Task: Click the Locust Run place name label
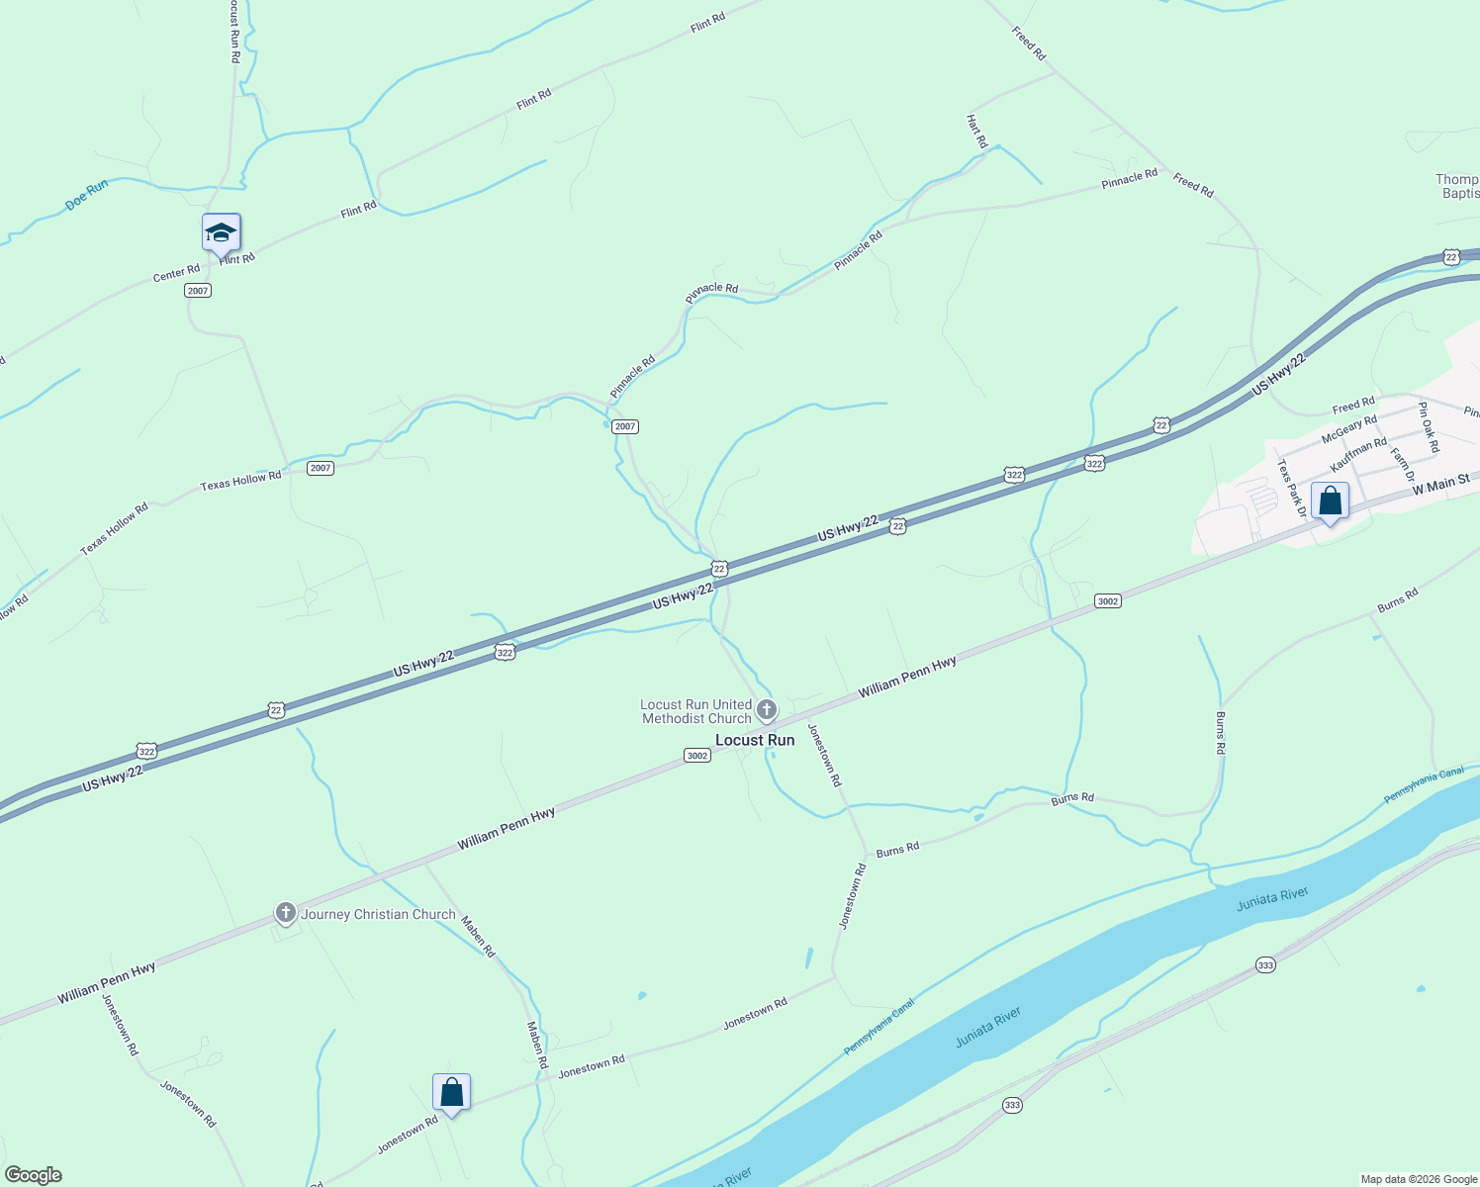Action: click(754, 740)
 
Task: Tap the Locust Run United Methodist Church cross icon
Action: click(767, 710)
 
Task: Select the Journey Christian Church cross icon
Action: click(286, 913)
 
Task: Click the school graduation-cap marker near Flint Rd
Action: click(221, 234)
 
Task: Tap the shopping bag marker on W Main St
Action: click(1330, 502)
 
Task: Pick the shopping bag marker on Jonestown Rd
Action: click(451, 1093)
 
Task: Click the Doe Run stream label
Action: click(86, 194)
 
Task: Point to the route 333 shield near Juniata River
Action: click(1265, 964)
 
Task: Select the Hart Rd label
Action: click(976, 132)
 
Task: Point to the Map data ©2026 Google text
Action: click(1418, 1179)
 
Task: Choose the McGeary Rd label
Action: click(1349, 429)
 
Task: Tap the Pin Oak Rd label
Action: click(1428, 427)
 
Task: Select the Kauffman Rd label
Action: click(1358, 454)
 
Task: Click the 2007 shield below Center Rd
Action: click(198, 290)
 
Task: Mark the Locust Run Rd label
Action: click(233, 32)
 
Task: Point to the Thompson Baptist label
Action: click(1457, 186)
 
